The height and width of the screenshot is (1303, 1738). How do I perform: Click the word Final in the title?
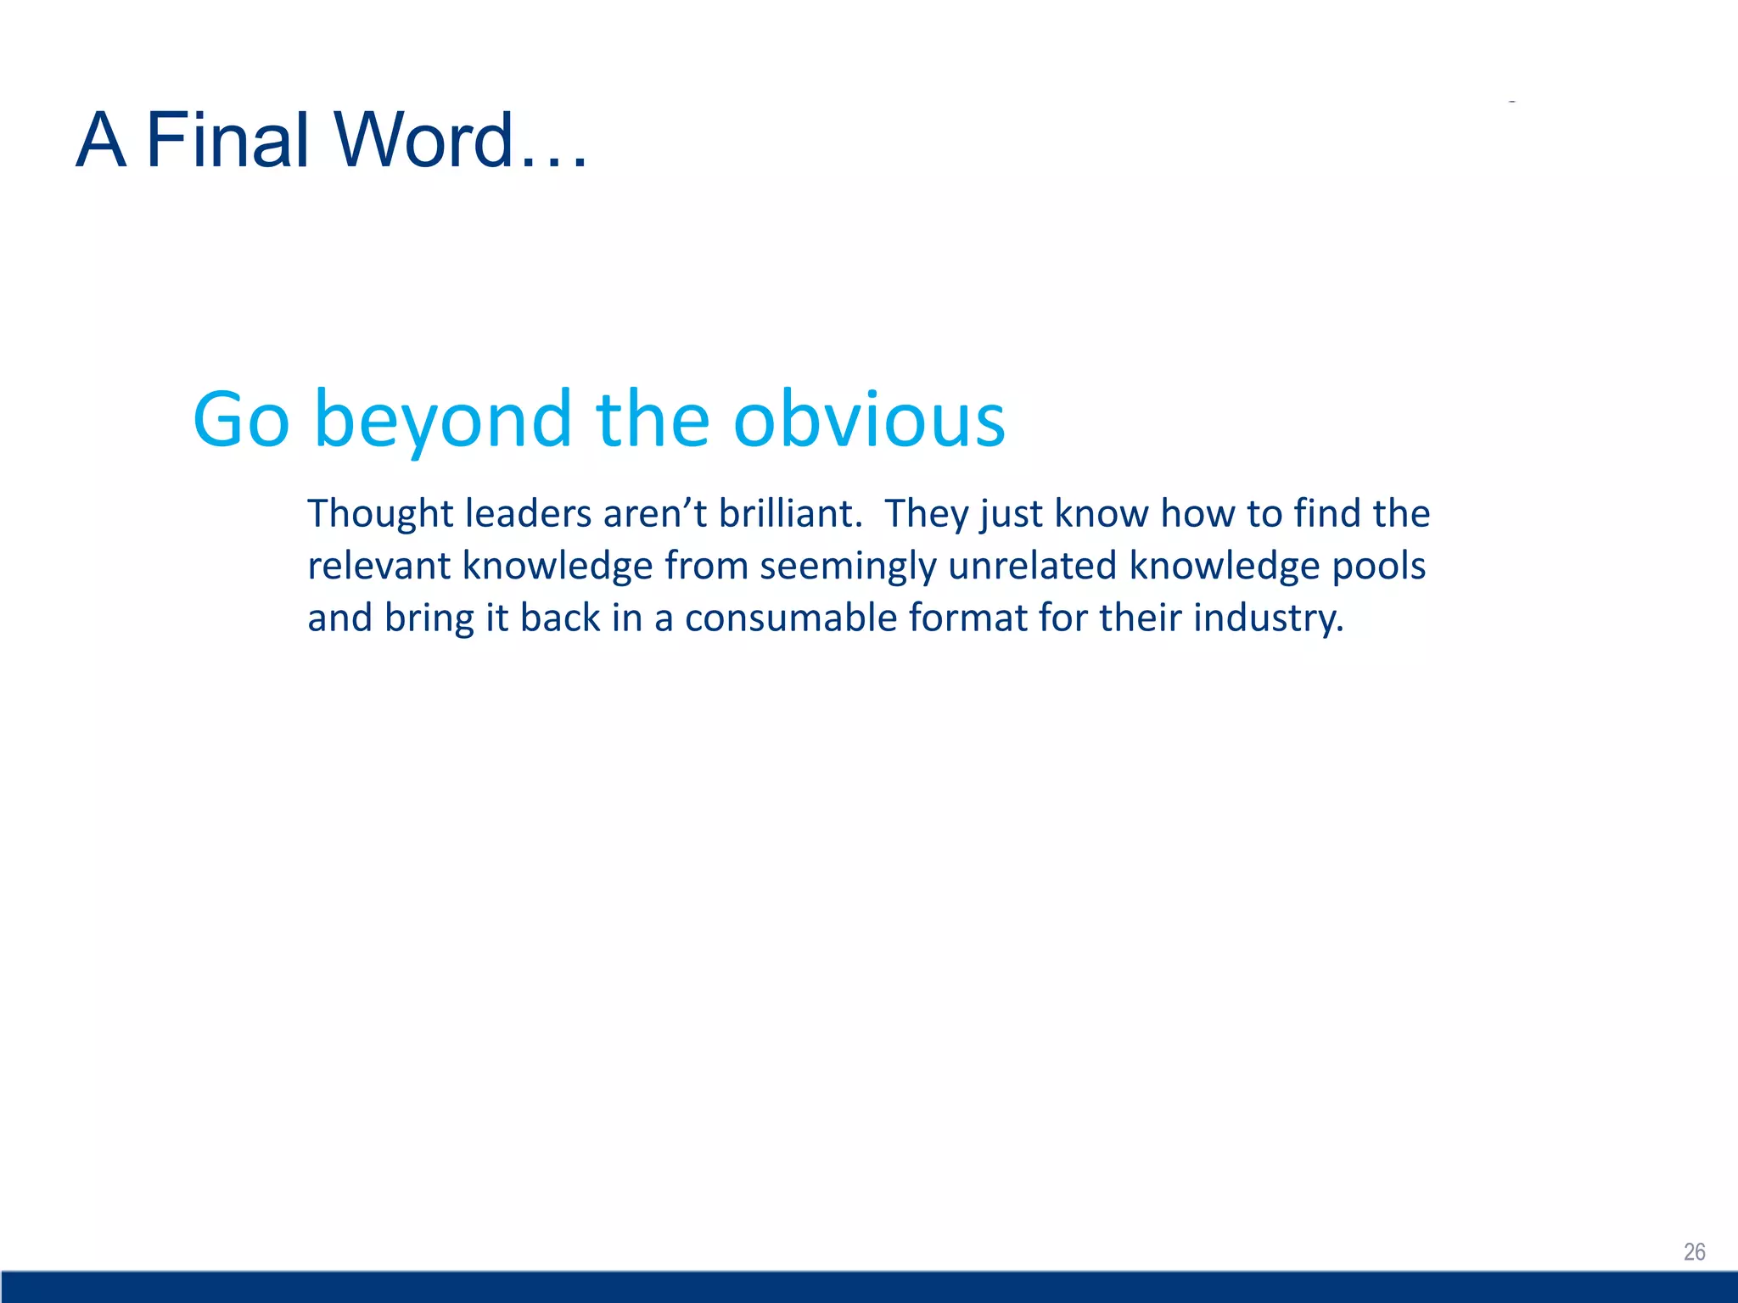click(227, 140)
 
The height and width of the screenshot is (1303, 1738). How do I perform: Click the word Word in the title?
click(424, 140)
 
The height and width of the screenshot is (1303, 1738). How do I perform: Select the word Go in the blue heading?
click(241, 420)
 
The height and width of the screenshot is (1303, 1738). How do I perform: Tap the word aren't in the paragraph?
click(654, 514)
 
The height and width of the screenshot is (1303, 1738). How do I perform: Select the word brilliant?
click(789, 514)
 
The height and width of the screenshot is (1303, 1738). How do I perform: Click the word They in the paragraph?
click(927, 514)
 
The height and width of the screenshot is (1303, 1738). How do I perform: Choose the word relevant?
click(378, 566)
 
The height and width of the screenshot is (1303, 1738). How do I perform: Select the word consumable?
click(790, 618)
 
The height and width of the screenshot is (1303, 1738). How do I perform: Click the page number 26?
click(1694, 1252)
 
